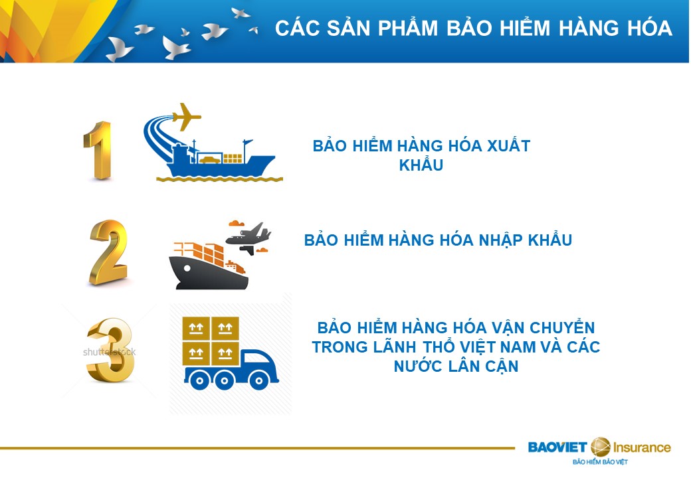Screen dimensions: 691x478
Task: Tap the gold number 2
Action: click(108, 252)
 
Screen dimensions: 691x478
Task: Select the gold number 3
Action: click(110, 350)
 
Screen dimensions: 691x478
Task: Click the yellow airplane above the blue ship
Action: click(186, 116)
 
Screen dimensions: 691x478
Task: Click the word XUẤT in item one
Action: click(508, 145)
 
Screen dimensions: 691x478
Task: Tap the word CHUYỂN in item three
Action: click(562, 327)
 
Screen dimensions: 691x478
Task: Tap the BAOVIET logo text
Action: click(557, 447)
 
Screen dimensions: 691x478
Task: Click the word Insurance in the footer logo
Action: click(642, 447)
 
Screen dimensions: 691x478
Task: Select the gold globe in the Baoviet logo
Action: click(600, 447)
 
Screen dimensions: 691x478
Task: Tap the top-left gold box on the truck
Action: click(196, 328)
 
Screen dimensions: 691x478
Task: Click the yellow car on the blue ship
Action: click(209, 160)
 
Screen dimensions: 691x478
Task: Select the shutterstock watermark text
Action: click(109, 352)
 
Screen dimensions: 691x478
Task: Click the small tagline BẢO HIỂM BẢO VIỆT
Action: click(600, 461)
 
